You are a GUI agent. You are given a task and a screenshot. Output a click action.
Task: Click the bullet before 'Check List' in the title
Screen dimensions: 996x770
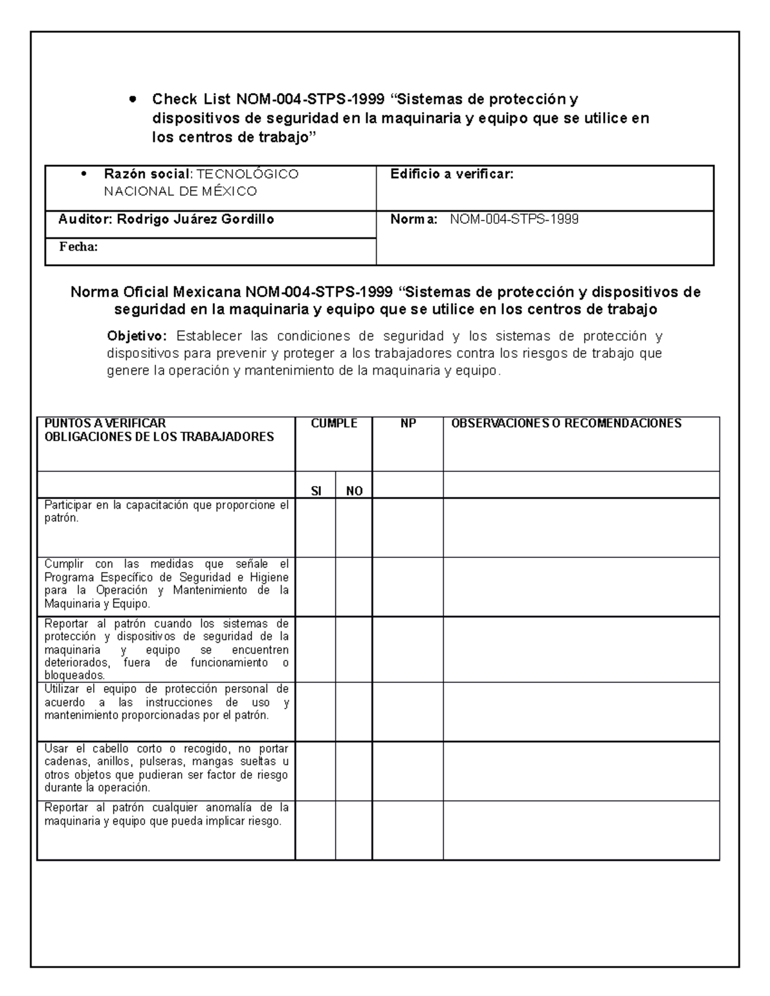pos(133,99)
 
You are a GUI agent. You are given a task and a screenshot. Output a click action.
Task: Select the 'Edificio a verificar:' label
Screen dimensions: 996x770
pos(452,174)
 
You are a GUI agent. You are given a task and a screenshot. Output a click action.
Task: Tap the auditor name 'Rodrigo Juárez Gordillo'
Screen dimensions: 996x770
pos(195,219)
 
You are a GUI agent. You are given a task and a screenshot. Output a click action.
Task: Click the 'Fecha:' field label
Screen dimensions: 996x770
pos(78,247)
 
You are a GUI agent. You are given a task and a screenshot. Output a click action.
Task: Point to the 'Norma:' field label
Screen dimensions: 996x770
pos(414,219)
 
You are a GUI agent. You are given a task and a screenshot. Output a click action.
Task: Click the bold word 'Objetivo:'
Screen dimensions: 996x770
pos(137,336)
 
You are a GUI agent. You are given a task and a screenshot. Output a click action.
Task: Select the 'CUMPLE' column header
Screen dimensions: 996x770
pos(334,423)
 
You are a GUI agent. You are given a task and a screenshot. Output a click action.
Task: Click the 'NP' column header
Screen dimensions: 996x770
pos(407,423)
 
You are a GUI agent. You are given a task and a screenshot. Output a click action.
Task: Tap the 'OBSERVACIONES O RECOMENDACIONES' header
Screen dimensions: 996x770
pos(566,423)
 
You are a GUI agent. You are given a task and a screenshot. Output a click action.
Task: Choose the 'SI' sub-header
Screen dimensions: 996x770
pos(316,491)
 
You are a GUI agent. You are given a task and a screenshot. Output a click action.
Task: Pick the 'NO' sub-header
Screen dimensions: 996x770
pos(354,491)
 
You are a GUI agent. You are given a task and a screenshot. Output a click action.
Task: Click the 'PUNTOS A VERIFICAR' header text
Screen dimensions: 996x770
pos(105,423)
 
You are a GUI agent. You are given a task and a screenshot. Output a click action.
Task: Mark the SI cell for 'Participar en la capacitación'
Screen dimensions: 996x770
pos(315,528)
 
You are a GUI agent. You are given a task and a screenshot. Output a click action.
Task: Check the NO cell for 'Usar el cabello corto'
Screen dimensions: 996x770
pos(354,771)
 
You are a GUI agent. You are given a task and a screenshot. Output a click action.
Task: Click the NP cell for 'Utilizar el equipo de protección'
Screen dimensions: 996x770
pos(407,711)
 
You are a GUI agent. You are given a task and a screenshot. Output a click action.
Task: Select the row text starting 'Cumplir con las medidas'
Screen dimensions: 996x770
pos(166,584)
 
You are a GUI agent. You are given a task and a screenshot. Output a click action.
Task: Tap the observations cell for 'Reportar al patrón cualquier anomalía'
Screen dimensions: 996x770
pos(581,830)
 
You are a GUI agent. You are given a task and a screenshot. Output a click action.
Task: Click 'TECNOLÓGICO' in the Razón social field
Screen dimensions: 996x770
pos(247,174)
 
